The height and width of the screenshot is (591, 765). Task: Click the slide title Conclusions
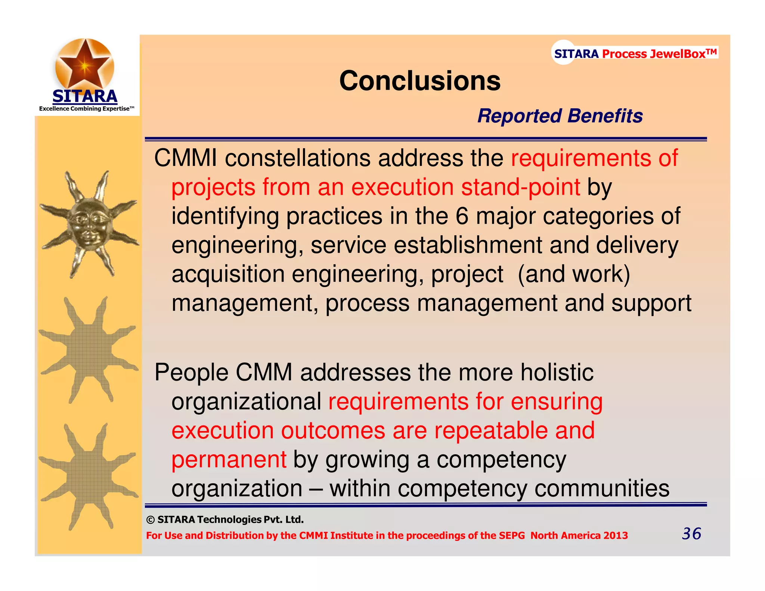(x=419, y=81)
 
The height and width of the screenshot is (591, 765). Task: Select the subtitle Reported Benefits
(x=560, y=116)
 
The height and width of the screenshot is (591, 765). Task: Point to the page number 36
(x=691, y=533)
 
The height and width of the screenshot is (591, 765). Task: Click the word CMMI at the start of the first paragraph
(x=185, y=158)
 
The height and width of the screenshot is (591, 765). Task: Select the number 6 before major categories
(x=462, y=216)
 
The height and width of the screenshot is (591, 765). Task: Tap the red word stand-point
(x=521, y=187)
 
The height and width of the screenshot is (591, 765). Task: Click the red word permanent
(x=229, y=460)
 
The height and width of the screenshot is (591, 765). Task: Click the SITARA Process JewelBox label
(x=635, y=54)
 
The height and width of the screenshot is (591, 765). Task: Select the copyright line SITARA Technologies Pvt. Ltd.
(x=225, y=520)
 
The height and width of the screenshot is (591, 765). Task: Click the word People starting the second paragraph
(x=191, y=372)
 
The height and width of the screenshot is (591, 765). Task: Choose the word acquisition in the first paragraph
(x=228, y=274)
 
